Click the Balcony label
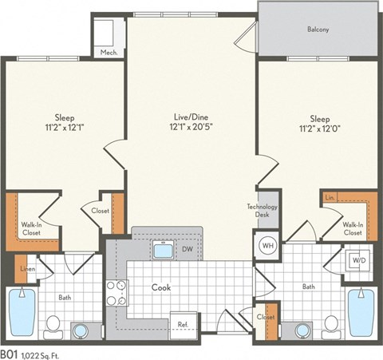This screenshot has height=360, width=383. (318, 30)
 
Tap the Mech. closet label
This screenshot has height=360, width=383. (109, 53)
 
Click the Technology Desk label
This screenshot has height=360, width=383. (261, 211)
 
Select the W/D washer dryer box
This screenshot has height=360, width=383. (357, 260)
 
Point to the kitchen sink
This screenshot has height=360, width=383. (164, 251)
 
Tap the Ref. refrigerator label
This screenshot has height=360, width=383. (183, 324)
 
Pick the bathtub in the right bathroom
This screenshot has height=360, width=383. (361, 313)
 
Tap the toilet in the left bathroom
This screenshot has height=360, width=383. (53, 324)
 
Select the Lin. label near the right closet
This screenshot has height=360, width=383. (330, 196)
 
